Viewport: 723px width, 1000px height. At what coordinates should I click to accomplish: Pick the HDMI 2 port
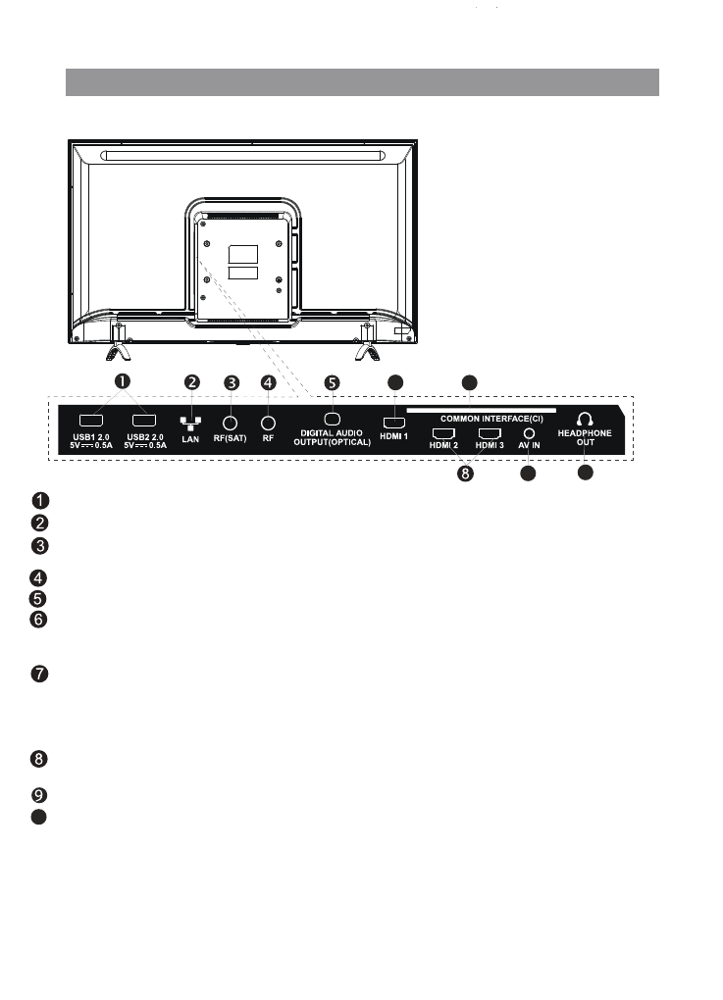[443, 432]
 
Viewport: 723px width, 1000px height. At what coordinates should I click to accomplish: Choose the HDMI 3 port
[489, 432]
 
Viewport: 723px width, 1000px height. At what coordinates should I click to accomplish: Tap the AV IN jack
[530, 431]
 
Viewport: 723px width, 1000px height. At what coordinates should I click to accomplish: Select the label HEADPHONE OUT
[585, 436]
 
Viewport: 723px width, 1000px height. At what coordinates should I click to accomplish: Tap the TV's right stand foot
[367, 349]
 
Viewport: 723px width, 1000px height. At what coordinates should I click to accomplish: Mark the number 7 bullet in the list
[35, 675]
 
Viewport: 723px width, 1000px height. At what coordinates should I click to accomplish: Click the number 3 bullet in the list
[35, 546]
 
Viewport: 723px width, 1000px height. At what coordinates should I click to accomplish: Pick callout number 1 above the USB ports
[123, 381]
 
